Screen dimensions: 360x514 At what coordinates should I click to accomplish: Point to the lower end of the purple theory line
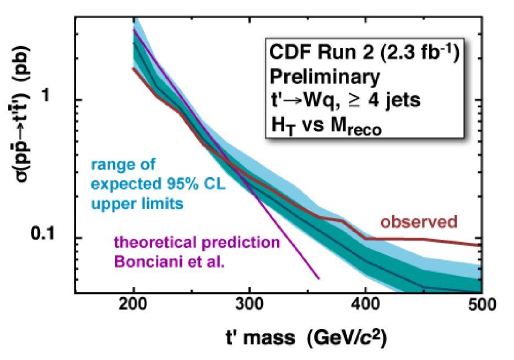pyautogui.click(x=318, y=278)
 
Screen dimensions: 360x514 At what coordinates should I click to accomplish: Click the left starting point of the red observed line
pyautogui.click(x=133, y=68)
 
